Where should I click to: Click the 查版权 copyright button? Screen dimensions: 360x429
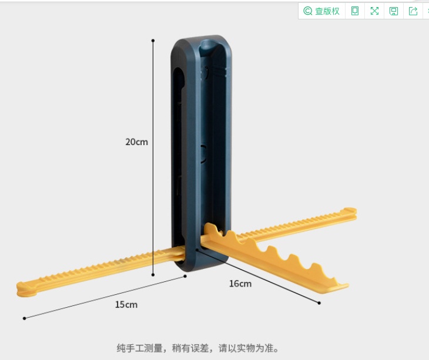(321, 11)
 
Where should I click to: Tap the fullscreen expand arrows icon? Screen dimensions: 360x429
(374, 11)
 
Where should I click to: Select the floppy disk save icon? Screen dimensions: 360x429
(394, 11)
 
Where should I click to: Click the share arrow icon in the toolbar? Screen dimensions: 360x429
(413, 11)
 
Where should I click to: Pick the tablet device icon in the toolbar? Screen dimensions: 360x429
(355, 11)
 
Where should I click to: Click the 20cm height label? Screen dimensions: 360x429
(136, 142)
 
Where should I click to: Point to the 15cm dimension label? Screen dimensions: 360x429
(126, 304)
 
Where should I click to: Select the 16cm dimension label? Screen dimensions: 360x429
(240, 284)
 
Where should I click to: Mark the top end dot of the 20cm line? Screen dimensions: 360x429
(153, 41)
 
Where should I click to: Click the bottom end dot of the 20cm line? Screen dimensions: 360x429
(153, 274)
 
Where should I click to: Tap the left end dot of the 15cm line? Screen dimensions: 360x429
(24, 318)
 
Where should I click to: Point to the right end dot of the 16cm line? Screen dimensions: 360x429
(319, 303)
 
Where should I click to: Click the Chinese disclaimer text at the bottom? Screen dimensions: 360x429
(197, 348)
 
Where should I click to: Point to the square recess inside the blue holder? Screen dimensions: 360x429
(203, 154)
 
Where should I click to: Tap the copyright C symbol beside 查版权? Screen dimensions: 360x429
(307, 11)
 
